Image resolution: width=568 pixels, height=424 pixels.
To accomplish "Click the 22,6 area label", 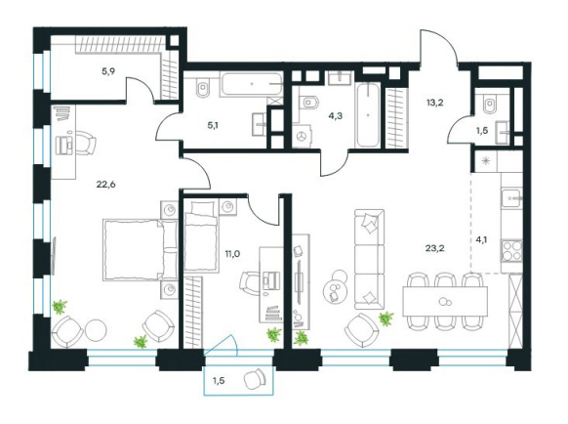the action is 105,185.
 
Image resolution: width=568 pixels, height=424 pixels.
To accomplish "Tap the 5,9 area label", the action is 108,71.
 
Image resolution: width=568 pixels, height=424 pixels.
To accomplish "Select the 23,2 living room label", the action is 435,248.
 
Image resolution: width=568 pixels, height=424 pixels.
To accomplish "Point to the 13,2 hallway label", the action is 434,103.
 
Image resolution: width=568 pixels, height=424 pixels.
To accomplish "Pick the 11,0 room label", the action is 232,254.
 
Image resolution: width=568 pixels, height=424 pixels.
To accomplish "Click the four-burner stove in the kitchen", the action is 511,251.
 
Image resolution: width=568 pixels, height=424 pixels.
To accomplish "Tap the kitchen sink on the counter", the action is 511,198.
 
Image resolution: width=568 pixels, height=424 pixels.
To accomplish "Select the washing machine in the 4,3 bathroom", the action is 302,137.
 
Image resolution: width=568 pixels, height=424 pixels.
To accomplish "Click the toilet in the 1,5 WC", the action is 489,104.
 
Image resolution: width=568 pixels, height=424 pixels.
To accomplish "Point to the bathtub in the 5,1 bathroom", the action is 252,84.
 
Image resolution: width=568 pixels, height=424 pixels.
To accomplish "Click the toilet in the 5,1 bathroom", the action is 201,87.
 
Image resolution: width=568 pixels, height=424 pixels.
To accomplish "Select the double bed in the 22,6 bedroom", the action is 141,250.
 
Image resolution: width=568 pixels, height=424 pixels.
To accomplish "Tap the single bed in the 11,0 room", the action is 201,236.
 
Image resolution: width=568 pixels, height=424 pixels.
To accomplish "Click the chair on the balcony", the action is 255,379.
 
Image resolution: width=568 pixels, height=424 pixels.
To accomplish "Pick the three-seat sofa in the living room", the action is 369,259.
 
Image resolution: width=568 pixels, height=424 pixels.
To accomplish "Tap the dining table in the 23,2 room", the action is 445,301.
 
